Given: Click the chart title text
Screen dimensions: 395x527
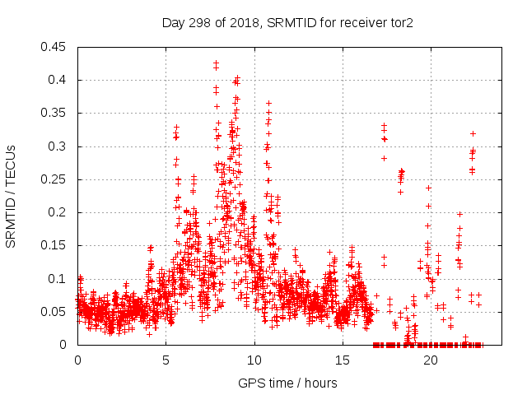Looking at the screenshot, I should (x=287, y=22).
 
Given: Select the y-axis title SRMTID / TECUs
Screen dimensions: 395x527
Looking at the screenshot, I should (x=11, y=196).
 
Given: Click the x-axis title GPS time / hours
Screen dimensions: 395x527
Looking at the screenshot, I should (x=287, y=383).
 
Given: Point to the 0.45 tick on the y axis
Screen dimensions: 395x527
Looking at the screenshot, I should (x=54, y=47).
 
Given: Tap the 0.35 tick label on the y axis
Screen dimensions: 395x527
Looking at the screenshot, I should (x=54, y=114).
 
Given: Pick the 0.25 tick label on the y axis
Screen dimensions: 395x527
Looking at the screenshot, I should (x=54, y=179).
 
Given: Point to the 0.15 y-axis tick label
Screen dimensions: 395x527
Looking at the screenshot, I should (x=54, y=245).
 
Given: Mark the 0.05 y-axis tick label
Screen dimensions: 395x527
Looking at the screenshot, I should (x=54, y=312).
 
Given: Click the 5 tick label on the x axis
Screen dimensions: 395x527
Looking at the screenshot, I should (x=166, y=360).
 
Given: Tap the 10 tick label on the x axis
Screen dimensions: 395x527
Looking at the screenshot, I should (x=254, y=360).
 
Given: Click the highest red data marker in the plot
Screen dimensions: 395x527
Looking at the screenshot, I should (x=216, y=63).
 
